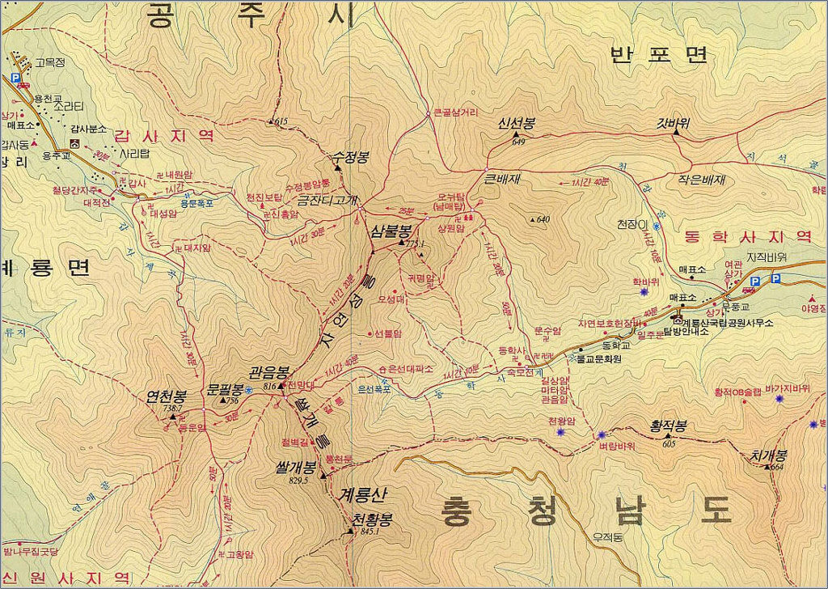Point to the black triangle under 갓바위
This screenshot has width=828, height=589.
[x=675, y=134]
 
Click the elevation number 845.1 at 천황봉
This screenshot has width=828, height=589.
[x=370, y=532]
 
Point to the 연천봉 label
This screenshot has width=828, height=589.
[x=166, y=396]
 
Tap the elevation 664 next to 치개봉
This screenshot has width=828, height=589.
[x=777, y=468]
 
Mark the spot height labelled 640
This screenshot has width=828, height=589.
[x=542, y=219]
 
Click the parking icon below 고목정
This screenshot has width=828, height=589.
[x=15, y=78]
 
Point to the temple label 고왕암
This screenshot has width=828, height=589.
[x=241, y=555]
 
